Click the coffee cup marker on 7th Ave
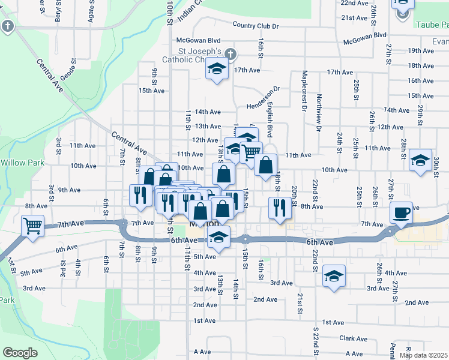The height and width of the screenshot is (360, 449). click(401, 212)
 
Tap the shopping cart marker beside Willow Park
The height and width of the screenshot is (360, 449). click(32, 226)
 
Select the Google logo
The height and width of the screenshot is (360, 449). click(20, 353)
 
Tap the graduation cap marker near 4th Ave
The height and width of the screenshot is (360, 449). click(334, 276)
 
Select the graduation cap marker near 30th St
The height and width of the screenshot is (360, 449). click(420, 160)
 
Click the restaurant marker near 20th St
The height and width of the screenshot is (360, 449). click(279, 208)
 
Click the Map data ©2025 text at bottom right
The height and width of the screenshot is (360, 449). click(424, 356)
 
